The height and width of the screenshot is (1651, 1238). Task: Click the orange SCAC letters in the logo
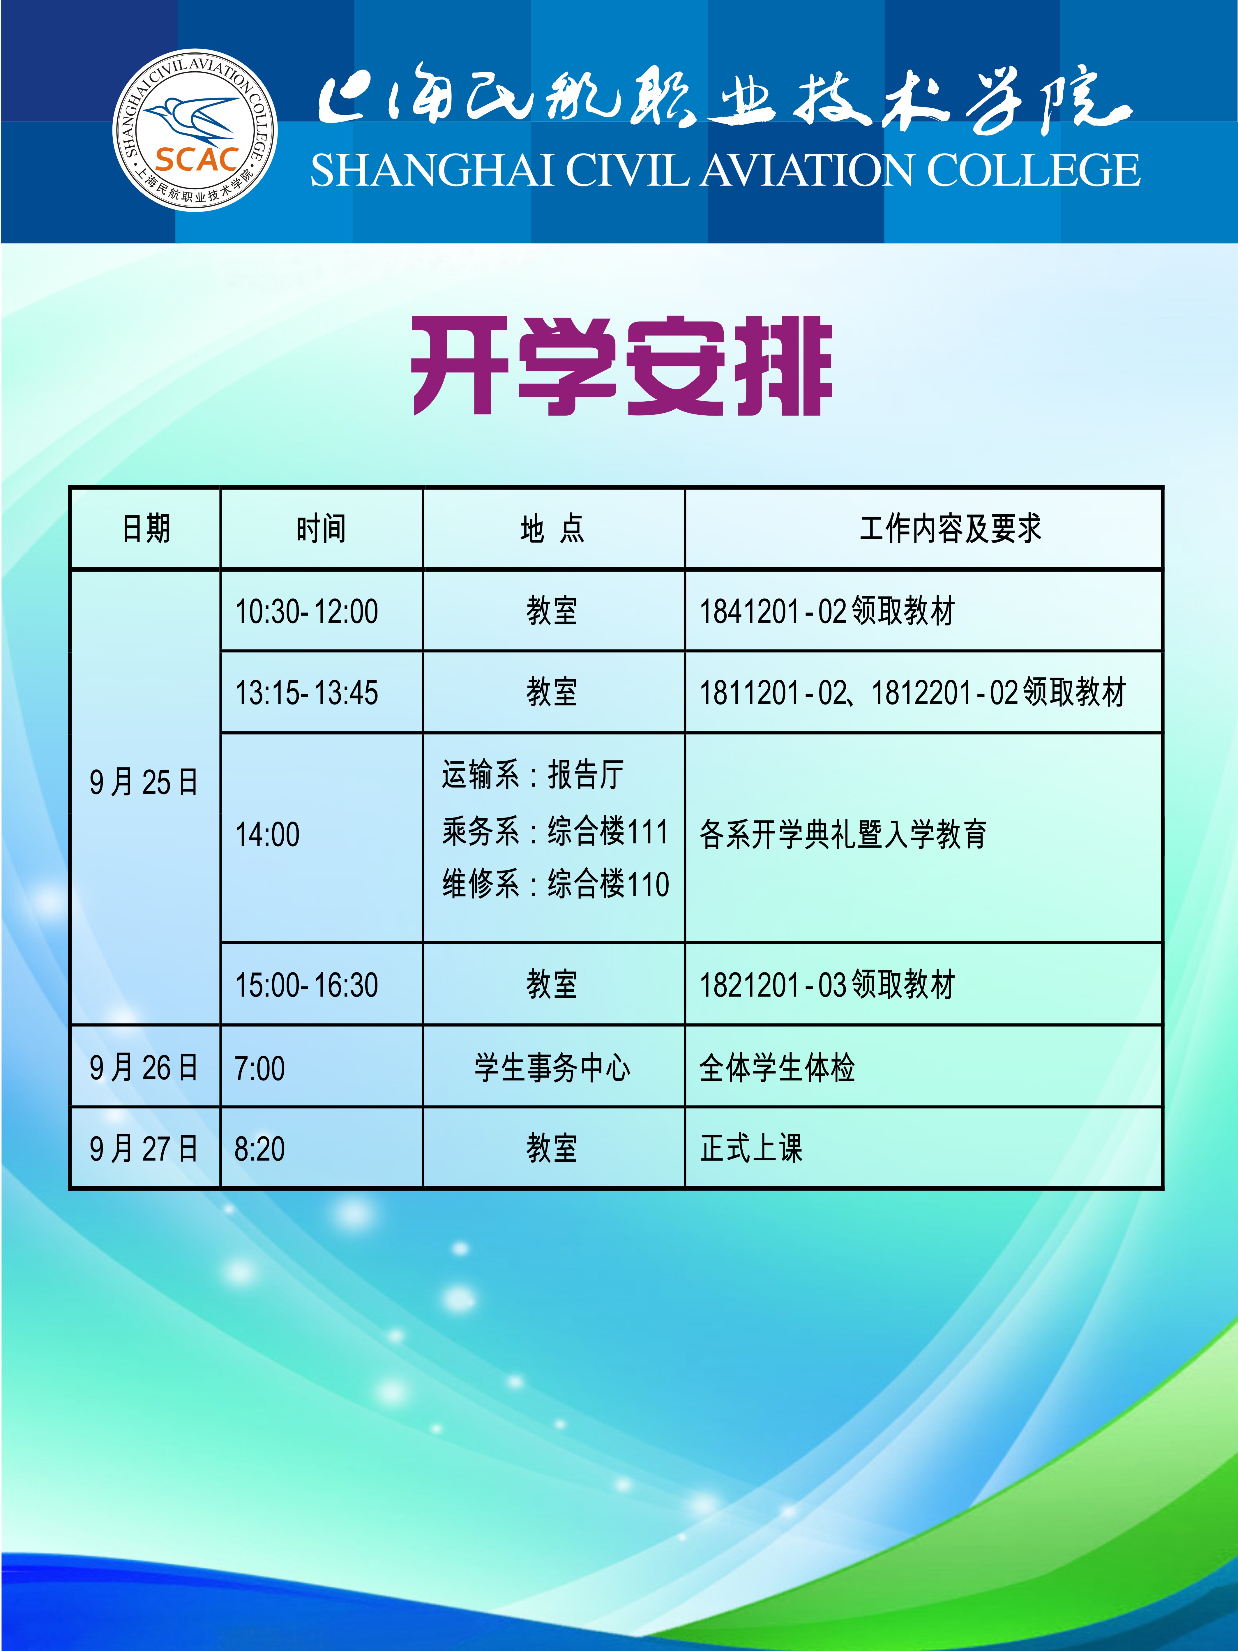[197, 159]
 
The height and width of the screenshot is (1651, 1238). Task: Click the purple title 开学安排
[621, 366]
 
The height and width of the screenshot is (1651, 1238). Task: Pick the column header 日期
[146, 528]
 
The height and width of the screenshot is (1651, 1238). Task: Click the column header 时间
[321, 528]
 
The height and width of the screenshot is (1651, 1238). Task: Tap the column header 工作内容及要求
[950, 528]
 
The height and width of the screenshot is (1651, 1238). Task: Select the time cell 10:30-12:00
[307, 611]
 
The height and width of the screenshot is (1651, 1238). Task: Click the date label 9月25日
[144, 782]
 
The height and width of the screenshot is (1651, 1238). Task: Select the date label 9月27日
[144, 1148]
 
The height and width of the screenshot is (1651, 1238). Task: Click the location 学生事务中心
[552, 1068]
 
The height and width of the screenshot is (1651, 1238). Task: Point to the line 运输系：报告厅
[533, 775]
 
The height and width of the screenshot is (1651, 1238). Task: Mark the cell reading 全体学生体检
[777, 1068]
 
